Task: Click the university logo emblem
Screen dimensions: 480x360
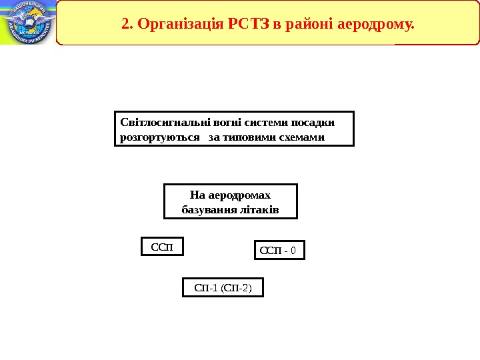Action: click(x=27, y=22)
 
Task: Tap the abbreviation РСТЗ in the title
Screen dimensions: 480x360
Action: click(x=251, y=25)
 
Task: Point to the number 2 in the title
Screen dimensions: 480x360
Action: click(x=126, y=25)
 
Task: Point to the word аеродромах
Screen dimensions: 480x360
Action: click(x=240, y=195)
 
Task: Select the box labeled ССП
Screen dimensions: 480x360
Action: click(x=162, y=247)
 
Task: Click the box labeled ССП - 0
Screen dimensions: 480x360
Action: click(x=280, y=250)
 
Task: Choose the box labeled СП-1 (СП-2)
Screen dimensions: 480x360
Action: click(x=223, y=287)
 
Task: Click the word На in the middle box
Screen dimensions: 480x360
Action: click(x=197, y=195)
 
